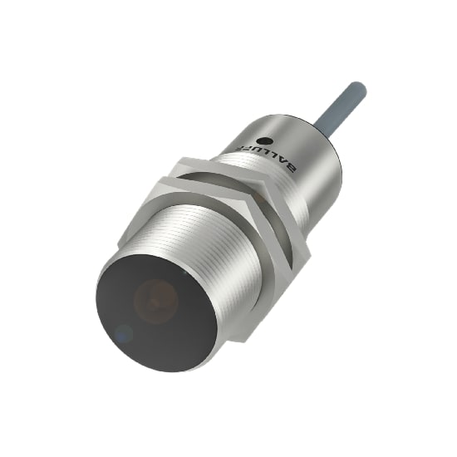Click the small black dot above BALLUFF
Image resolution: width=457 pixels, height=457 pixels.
click(264, 142)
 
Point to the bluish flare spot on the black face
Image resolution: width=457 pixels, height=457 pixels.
click(123, 334)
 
